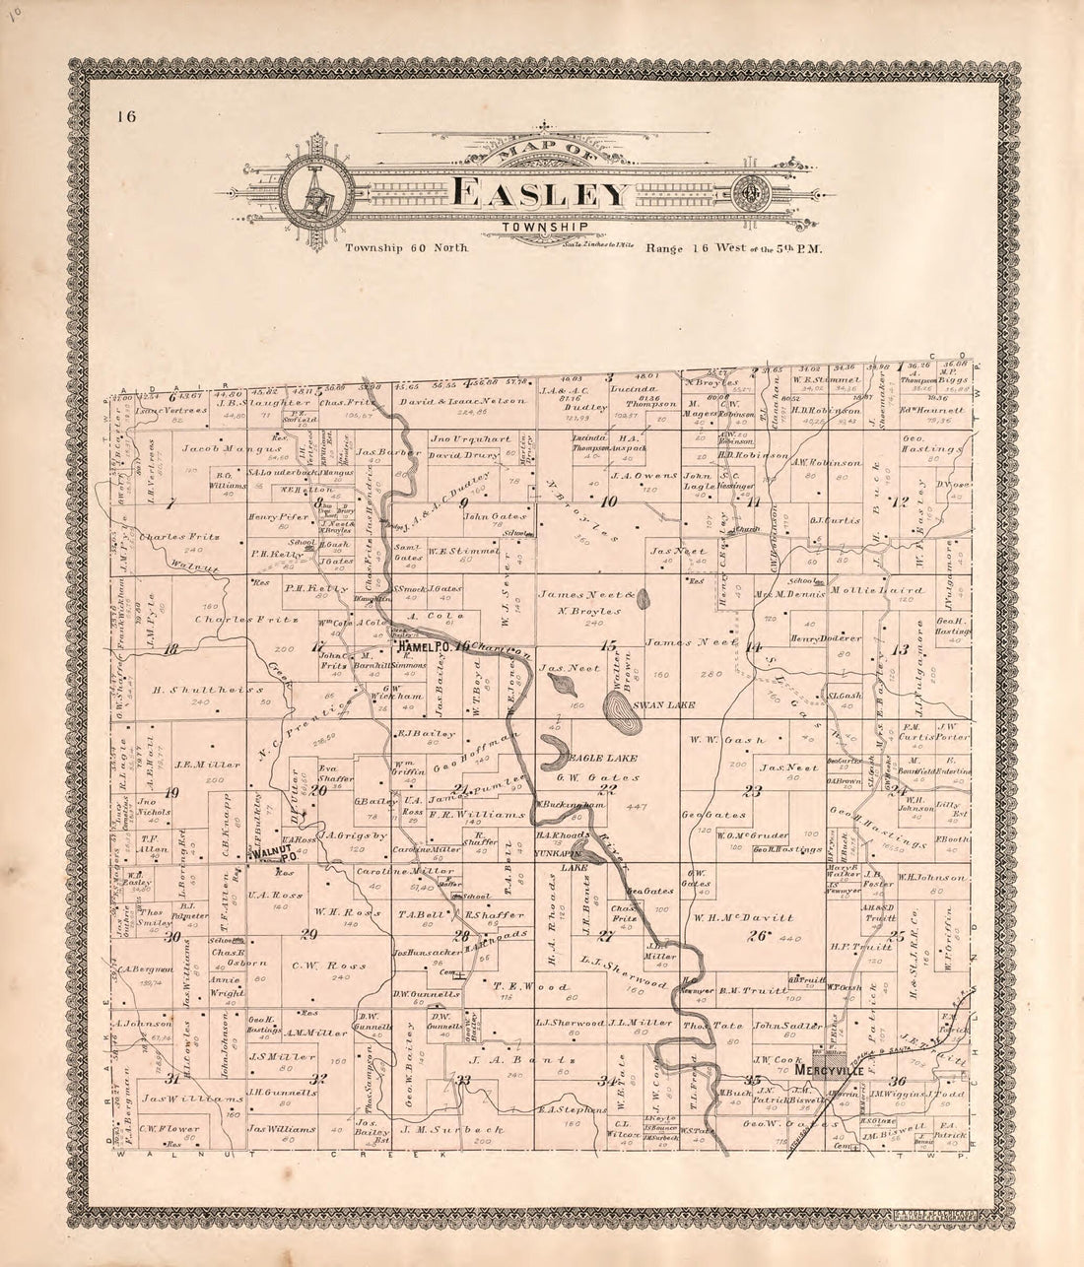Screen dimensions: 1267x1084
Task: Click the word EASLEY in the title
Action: point(540,193)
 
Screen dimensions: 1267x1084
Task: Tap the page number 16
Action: point(124,117)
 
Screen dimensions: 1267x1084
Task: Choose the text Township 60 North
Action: point(405,248)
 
